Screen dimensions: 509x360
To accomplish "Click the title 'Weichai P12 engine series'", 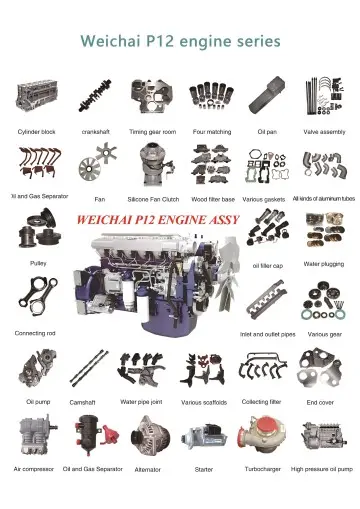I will point(180,42).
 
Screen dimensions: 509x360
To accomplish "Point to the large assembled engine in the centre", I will point(150,275).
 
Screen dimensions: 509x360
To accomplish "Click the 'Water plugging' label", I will point(324,264).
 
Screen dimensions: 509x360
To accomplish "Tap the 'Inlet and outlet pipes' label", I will point(267,333).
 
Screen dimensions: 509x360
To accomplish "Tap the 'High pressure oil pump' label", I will point(322,468).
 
